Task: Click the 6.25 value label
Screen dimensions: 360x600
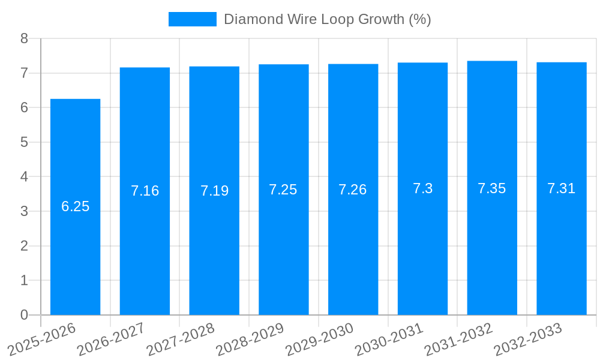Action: coord(75,206)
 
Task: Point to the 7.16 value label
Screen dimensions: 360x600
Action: coord(145,191)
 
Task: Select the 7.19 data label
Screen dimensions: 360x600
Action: coord(214,191)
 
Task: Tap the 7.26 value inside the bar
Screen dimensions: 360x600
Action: coord(352,190)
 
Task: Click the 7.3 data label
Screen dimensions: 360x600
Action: coord(422,188)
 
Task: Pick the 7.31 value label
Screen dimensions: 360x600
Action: coord(561,188)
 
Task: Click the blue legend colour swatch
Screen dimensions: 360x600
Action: coord(192,19)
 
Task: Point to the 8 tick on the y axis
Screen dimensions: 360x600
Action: coord(24,38)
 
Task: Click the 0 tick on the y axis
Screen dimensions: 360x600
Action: coord(24,315)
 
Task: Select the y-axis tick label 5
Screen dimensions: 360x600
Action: coord(24,142)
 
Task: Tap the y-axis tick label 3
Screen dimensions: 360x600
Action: coord(24,211)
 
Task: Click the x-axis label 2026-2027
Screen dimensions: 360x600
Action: coord(112,339)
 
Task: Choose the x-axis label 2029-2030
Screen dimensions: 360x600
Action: coord(320,339)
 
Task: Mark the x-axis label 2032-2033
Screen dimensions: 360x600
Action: coord(528,339)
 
